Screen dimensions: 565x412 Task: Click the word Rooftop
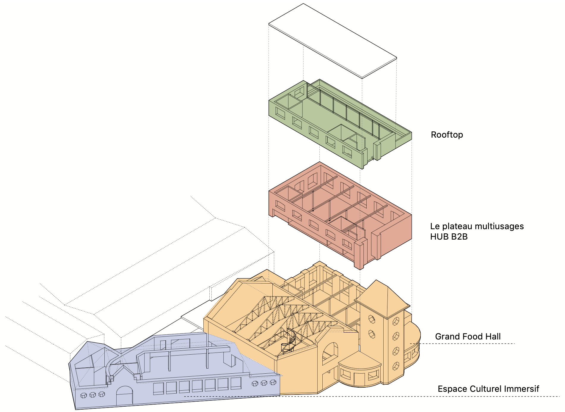pyautogui.click(x=447, y=135)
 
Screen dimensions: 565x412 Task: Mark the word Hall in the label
pyautogui.click(x=493, y=336)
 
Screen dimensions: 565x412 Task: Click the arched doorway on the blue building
pyautogui.click(x=124, y=396)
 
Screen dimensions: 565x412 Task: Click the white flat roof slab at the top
pyautogui.click(x=333, y=41)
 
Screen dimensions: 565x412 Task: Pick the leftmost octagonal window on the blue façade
pyautogui.click(x=84, y=395)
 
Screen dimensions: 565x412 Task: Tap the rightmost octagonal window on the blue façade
pyautogui.click(x=273, y=382)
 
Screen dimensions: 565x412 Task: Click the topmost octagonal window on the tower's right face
pyautogui.click(x=396, y=321)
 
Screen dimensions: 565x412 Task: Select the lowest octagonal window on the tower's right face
pyautogui.click(x=395, y=366)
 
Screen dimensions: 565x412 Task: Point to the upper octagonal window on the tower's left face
pyautogui.click(x=372, y=320)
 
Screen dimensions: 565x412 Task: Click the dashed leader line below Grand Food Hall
pyautogui.click(x=462, y=344)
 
